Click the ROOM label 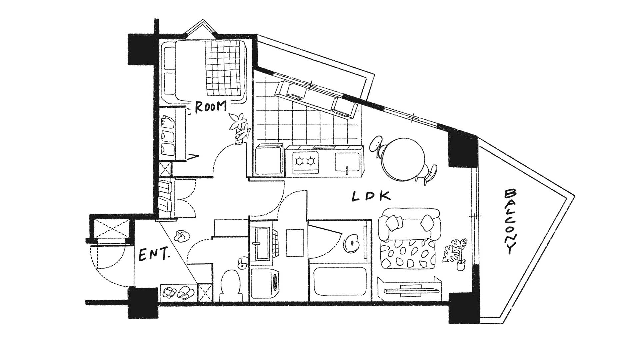point(210,107)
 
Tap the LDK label point(371,197)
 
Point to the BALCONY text point(510,222)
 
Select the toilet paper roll point(242,263)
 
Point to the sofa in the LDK point(410,224)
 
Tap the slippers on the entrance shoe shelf point(177,292)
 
